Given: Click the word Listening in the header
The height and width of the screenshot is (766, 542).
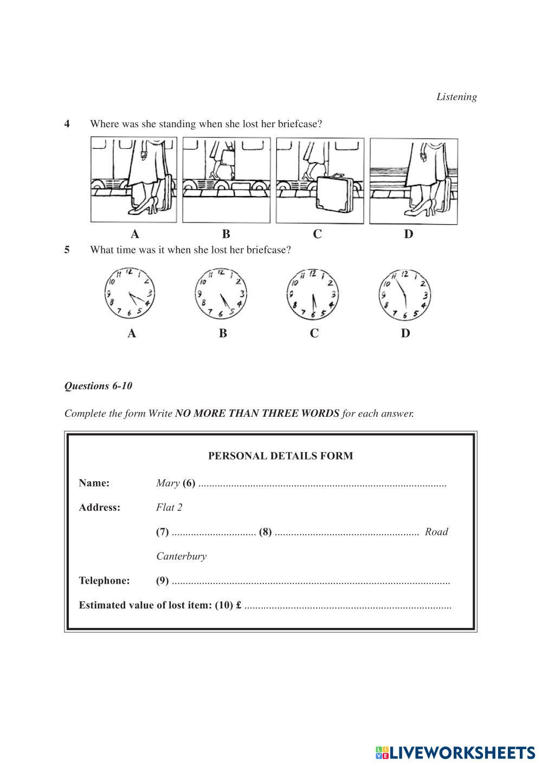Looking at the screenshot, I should (456, 97).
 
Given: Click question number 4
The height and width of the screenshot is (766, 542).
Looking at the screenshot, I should (67, 124).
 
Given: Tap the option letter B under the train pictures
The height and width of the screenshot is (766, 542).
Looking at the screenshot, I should (226, 234).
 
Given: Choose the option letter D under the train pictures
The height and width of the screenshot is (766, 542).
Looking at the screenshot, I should (408, 234).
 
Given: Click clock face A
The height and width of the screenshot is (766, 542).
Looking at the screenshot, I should (130, 293).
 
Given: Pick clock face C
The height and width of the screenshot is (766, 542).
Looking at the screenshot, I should (313, 293).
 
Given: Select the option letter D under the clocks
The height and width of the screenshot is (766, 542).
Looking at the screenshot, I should (405, 333).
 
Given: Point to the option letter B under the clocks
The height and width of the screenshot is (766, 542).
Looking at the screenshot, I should (223, 333).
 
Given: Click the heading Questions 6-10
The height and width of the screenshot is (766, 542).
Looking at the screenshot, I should (98, 386).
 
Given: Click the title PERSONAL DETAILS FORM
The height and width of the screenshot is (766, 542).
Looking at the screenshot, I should (280, 456).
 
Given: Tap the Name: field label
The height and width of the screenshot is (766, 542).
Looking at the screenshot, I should (94, 483).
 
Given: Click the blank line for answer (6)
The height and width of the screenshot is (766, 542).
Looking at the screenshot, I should (322, 485).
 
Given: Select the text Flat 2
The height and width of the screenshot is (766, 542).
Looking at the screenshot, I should (169, 507).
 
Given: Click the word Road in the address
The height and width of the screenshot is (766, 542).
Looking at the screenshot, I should (436, 532).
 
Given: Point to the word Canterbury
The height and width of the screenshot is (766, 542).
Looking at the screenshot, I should (181, 556).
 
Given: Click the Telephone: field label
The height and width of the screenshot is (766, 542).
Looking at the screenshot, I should (104, 581).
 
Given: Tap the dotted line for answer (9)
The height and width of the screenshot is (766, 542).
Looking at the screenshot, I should (310, 582).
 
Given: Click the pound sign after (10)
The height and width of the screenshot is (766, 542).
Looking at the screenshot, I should (238, 605).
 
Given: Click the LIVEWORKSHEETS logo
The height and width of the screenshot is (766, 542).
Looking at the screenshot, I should (455, 752).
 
